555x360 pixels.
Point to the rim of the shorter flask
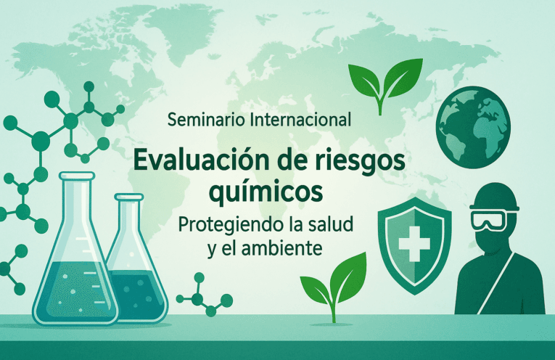coord(129,196)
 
